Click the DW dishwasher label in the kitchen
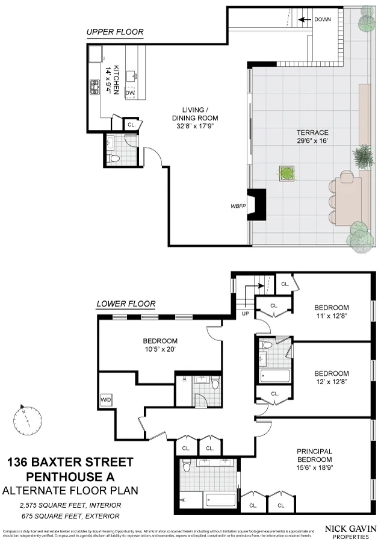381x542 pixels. [129, 93]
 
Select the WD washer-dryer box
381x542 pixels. [106, 400]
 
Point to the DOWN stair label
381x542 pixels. [322, 19]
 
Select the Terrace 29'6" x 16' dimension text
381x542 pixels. [312, 137]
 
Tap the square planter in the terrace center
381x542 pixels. [287, 173]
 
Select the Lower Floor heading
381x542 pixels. [126, 304]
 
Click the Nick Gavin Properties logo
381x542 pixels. [351, 532]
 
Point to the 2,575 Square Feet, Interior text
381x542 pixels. [71, 505]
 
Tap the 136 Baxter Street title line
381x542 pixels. [70, 463]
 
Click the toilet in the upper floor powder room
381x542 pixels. [114, 158]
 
